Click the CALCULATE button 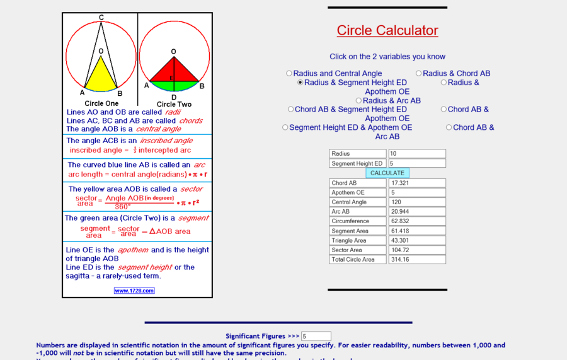click(387, 173)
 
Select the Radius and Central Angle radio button click(289, 74)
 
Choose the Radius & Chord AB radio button click(419, 74)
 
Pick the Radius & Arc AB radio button click(359, 101)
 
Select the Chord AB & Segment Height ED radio click(291, 110)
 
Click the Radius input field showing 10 click(417, 154)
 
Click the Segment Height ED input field click(417, 163)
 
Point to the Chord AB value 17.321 click(417, 183)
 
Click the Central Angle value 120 click(417, 202)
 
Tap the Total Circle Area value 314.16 click(417, 259)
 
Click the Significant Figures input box click(316, 337)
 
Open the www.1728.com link click(134, 291)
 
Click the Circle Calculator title click(387, 30)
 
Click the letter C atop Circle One click(101, 18)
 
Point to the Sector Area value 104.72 click(417, 250)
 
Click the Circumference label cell click(357, 221)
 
